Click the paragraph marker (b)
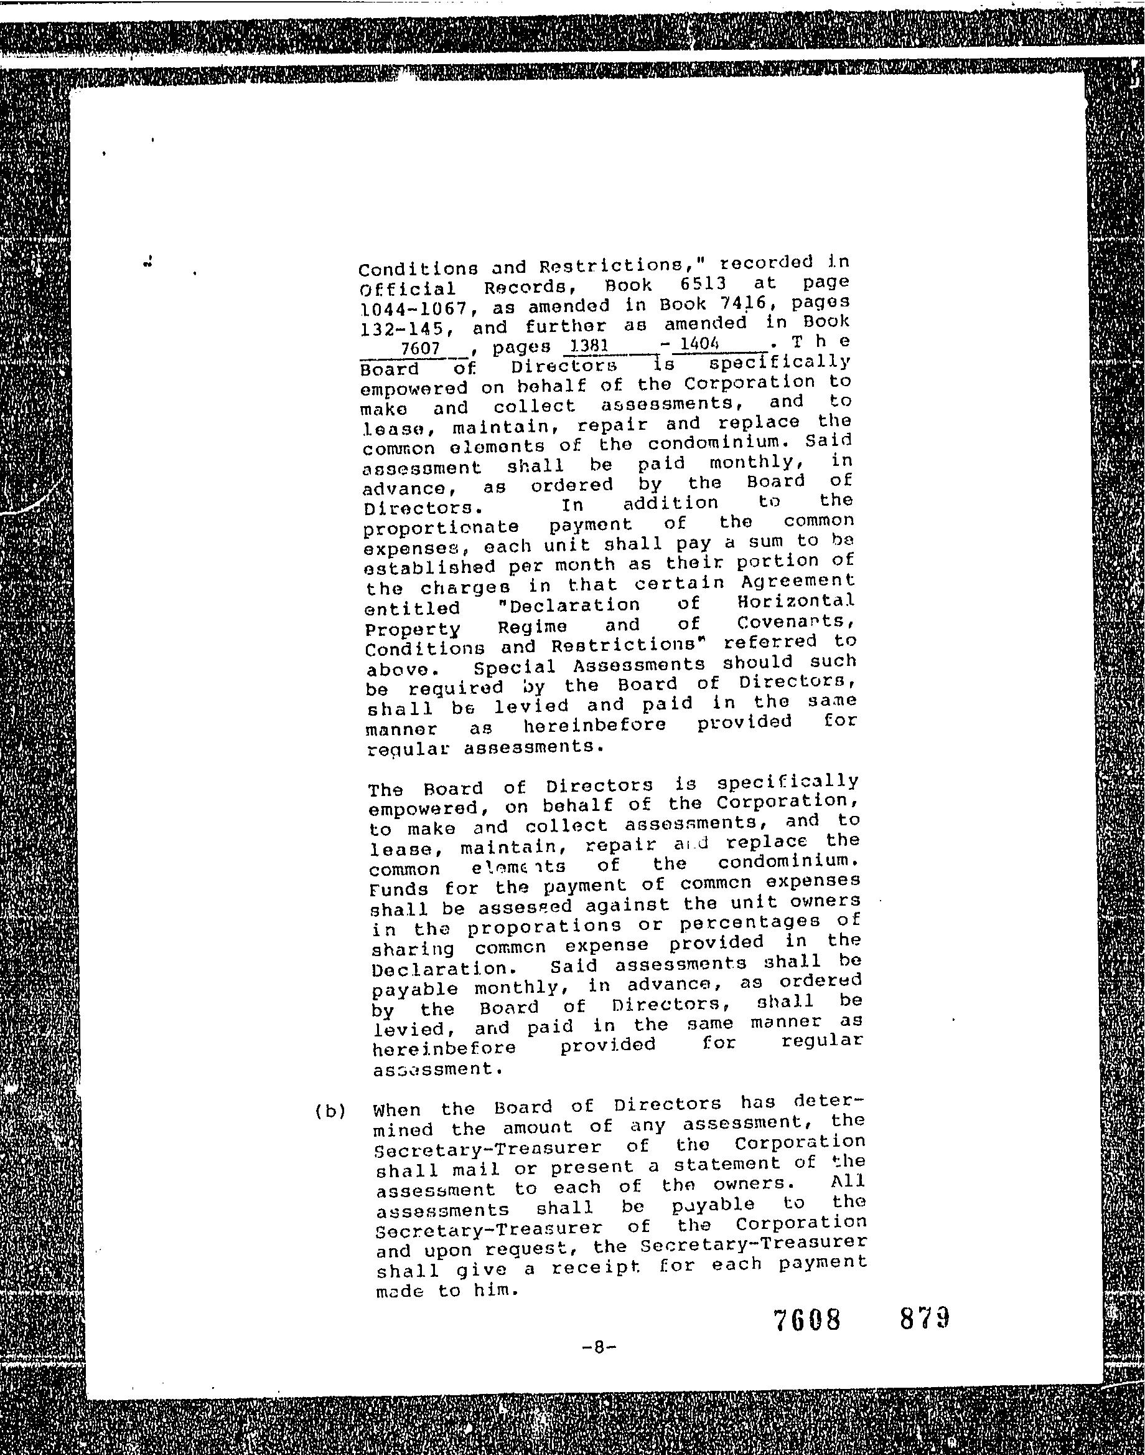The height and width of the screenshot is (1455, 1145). [x=330, y=1111]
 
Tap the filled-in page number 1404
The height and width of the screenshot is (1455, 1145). [x=699, y=343]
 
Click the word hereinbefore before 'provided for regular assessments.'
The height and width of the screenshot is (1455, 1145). [x=595, y=725]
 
